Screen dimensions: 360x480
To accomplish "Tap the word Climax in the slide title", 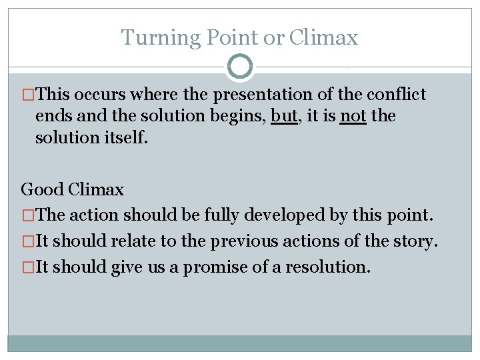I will tap(323, 38).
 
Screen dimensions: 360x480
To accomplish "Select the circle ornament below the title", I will tap(240, 67).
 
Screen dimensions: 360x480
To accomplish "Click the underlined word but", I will tap(284, 116).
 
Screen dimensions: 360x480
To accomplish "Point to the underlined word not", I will tap(353, 116).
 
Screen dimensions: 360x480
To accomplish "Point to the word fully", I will tap(227, 216).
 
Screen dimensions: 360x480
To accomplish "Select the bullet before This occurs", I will tap(28, 95).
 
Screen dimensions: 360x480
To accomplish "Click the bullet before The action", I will tap(28, 216).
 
